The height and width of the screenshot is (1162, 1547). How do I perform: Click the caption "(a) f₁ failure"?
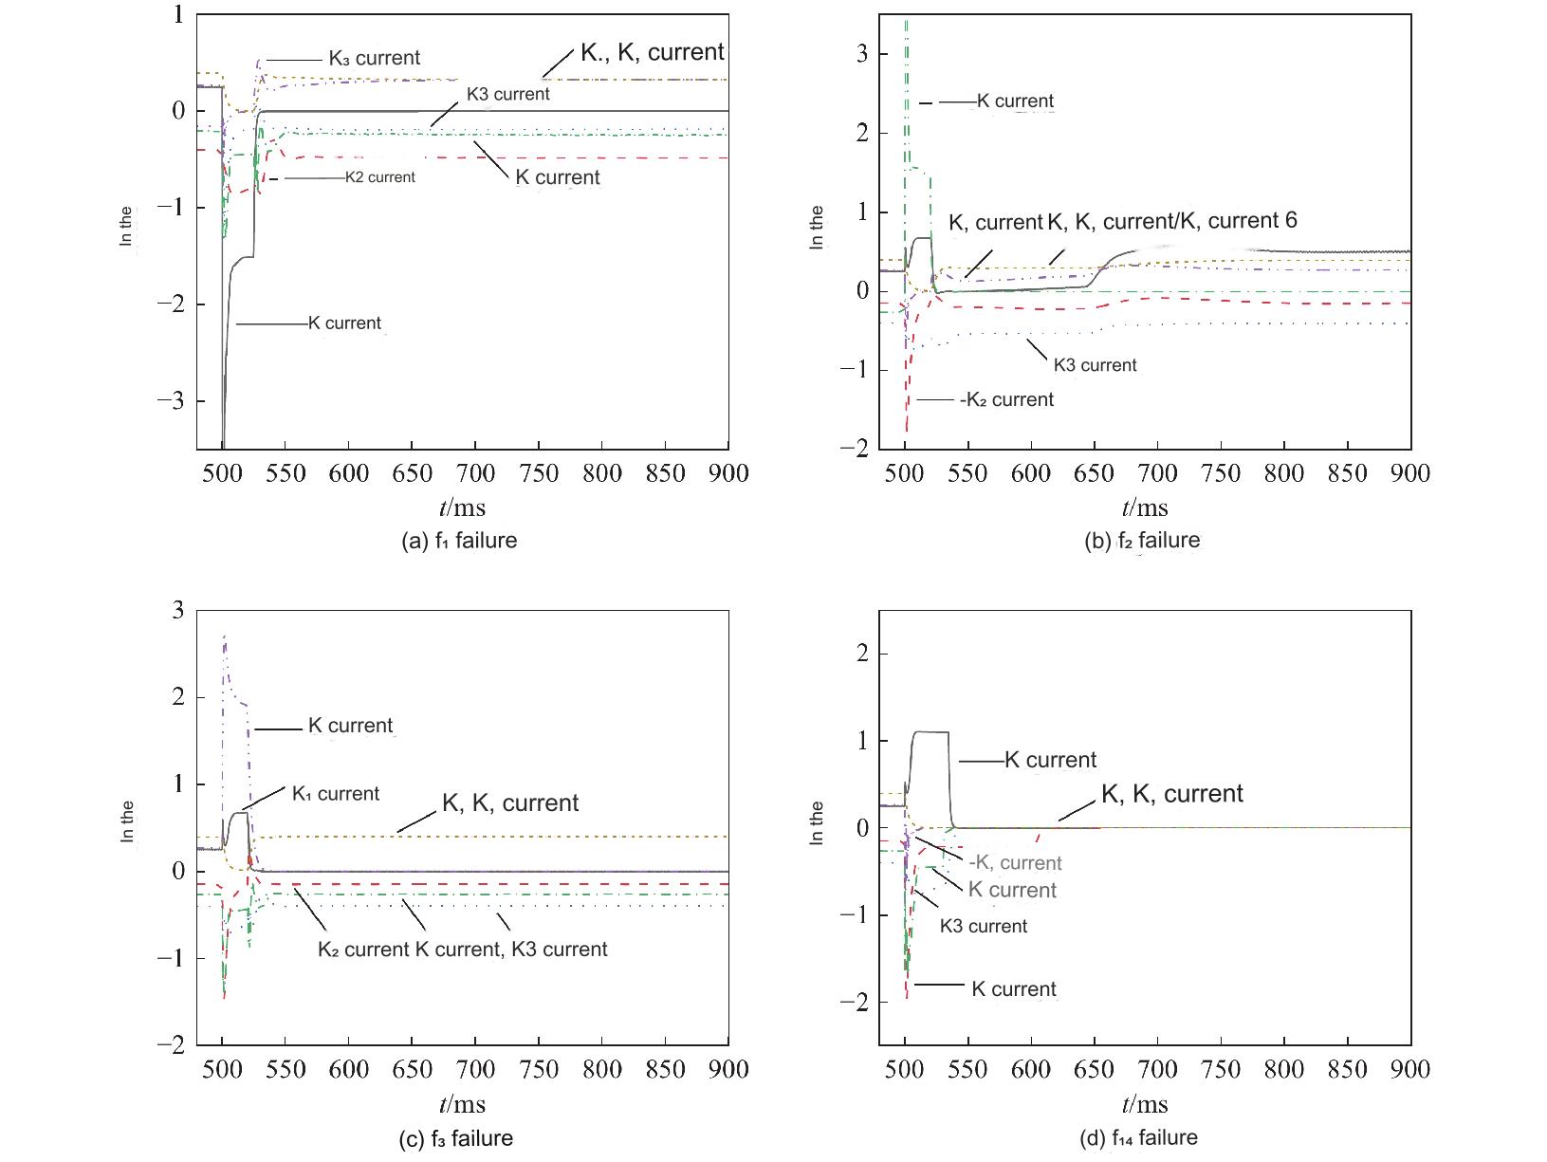click(x=460, y=541)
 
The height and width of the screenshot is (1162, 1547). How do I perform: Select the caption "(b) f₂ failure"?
click(x=1142, y=541)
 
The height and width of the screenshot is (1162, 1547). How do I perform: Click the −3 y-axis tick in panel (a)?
click(x=172, y=401)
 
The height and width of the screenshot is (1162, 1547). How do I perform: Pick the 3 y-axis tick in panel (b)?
click(x=861, y=54)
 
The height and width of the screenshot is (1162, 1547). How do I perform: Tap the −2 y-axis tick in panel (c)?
click(x=172, y=1045)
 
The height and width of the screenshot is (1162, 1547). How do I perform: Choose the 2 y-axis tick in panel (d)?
click(x=861, y=654)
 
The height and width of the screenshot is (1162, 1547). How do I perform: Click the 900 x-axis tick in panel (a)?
click(x=728, y=472)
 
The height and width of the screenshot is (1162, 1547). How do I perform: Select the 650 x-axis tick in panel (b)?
click(x=1094, y=472)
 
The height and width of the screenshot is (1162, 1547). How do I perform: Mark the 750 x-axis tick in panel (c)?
click(x=539, y=1069)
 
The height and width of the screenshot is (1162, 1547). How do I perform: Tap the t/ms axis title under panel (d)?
click(x=1145, y=1104)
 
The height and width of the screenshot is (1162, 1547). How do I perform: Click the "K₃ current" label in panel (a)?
click(x=374, y=58)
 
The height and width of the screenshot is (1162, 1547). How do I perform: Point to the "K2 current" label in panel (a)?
click(x=379, y=177)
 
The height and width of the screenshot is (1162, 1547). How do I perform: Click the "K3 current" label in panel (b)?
click(x=1095, y=365)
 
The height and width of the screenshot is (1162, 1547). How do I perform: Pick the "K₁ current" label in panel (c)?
click(x=335, y=794)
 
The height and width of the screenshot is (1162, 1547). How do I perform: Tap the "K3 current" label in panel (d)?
click(x=983, y=926)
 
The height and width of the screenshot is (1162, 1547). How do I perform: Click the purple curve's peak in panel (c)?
click(x=224, y=637)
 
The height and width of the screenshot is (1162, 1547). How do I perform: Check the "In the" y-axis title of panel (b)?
click(x=817, y=228)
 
